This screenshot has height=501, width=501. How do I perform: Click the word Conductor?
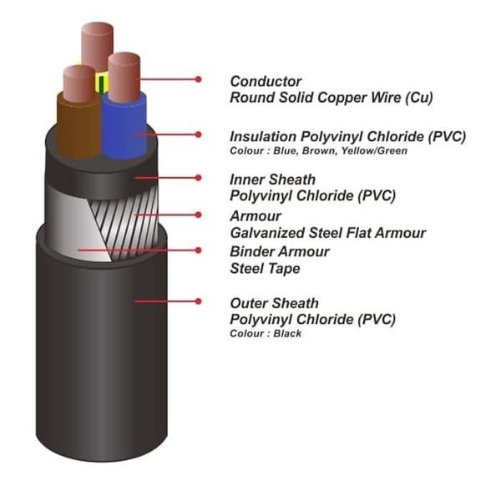coord(266,81)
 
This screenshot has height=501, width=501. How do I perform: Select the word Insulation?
coord(262,136)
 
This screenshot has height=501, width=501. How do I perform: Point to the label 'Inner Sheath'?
coord(272,180)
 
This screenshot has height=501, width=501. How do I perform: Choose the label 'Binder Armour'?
coord(279,251)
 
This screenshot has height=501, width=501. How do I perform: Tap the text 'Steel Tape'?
coord(265,269)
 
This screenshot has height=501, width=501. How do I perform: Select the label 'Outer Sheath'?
coord(274,303)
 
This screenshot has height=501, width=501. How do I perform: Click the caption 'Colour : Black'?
coord(266,334)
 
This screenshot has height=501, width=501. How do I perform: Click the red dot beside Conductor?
coord(199,79)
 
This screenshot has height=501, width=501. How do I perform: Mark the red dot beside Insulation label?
coord(199,134)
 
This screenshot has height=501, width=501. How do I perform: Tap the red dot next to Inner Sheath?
coord(199,177)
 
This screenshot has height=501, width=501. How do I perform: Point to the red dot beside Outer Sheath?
coord(199,300)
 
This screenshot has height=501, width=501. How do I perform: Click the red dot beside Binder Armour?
coord(199,250)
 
